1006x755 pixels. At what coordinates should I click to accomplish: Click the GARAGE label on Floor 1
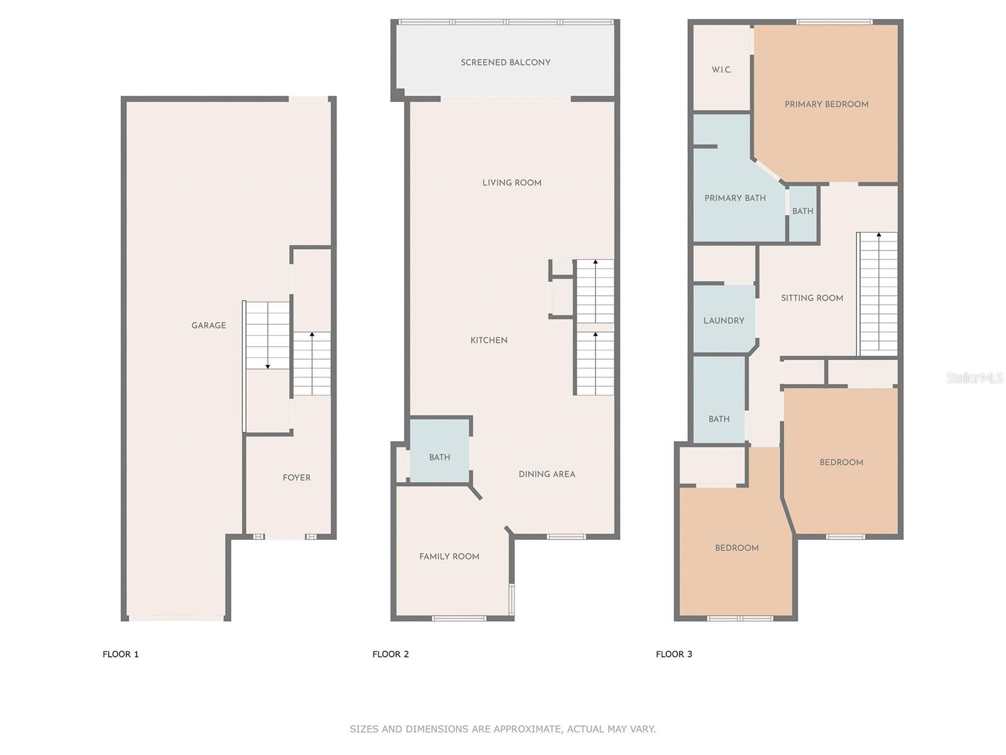click(x=209, y=325)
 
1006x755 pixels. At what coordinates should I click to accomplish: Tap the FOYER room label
click(x=297, y=478)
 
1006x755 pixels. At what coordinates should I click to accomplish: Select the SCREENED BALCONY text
click(x=506, y=62)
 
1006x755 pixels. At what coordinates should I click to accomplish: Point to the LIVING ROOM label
click(x=512, y=182)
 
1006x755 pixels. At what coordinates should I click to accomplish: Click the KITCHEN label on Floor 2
click(x=489, y=340)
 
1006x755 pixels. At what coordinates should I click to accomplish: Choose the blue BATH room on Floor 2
click(x=439, y=457)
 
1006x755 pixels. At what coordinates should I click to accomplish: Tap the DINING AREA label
click(x=546, y=474)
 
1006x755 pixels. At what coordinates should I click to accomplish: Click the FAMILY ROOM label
click(x=449, y=556)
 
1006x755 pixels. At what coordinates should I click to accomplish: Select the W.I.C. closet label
click(x=722, y=70)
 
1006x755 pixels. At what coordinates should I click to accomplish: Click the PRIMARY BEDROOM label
click(x=826, y=104)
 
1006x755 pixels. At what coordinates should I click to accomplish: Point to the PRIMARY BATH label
click(x=735, y=198)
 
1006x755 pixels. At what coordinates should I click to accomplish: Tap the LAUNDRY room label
click(x=724, y=321)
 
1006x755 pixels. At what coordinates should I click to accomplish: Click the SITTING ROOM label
click(x=812, y=298)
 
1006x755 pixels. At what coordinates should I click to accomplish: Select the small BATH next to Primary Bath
click(x=802, y=211)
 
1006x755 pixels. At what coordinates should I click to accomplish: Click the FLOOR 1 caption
click(x=121, y=654)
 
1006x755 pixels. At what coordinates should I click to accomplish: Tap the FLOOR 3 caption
click(x=673, y=654)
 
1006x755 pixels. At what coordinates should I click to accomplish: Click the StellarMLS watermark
click(x=975, y=377)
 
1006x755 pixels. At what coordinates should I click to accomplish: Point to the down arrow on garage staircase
click(x=268, y=366)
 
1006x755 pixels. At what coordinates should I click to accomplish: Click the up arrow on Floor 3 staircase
click(x=878, y=235)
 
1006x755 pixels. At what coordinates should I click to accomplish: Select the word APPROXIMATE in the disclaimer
click(x=528, y=729)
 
